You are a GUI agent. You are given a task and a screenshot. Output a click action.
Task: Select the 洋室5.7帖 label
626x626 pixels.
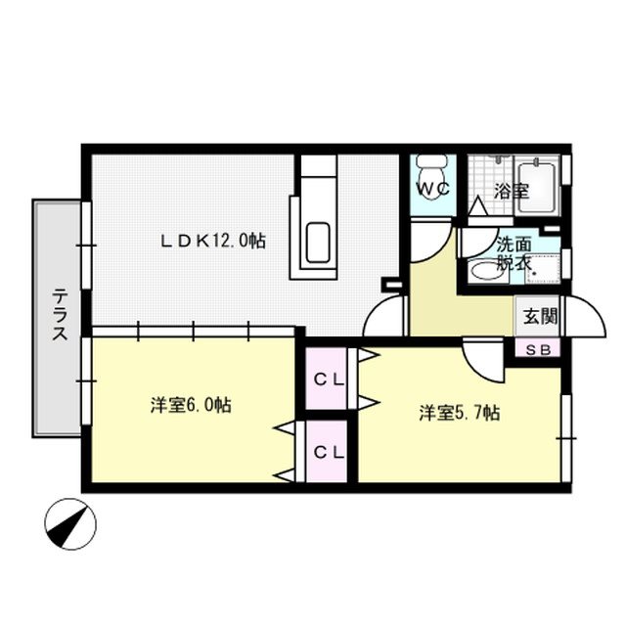tap(460, 413)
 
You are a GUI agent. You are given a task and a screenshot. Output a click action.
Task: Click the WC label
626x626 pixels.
tap(433, 190)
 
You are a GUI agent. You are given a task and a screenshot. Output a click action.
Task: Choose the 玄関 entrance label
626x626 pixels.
tap(539, 316)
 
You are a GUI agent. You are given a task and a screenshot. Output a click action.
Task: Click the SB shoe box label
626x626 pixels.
tap(538, 350)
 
